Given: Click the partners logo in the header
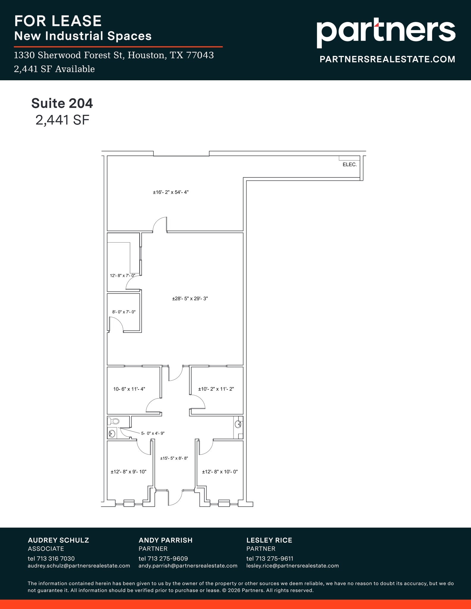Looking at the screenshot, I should click(x=386, y=32).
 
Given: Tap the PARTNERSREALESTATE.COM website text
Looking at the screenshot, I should click(x=387, y=59).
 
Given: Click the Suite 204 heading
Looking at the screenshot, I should click(x=62, y=103).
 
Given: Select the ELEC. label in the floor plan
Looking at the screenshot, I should click(x=350, y=164).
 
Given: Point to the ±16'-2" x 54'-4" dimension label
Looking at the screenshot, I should click(x=171, y=192).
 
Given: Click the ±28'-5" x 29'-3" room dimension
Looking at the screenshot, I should click(x=190, y=299).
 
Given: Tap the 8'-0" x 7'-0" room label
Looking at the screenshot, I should click(x=124, y=312).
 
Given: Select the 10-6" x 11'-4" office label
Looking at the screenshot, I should click(x=129, y=389).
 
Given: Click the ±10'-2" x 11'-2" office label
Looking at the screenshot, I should click(x=216, y=389).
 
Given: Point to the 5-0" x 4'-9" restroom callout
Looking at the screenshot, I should click(x=153, y=433).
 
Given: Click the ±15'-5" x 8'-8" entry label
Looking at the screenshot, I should click(x=174, y=458).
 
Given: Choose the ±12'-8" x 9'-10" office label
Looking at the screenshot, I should click(x=129, y=472).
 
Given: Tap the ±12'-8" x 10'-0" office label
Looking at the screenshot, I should click(x=220, y=472).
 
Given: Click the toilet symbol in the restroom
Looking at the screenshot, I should click(x=114, y=421).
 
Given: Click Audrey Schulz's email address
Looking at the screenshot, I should click(x=79, y=566).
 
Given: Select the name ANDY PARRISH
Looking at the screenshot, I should click(x=165, y=540).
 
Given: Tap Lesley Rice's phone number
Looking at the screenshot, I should click(x=270, y=558).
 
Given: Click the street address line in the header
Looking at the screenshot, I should click(x=114, y=55).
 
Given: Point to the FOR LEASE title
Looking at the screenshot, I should click(x=58, y=21).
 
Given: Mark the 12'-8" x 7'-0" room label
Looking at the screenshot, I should click(x=123, y=276).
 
